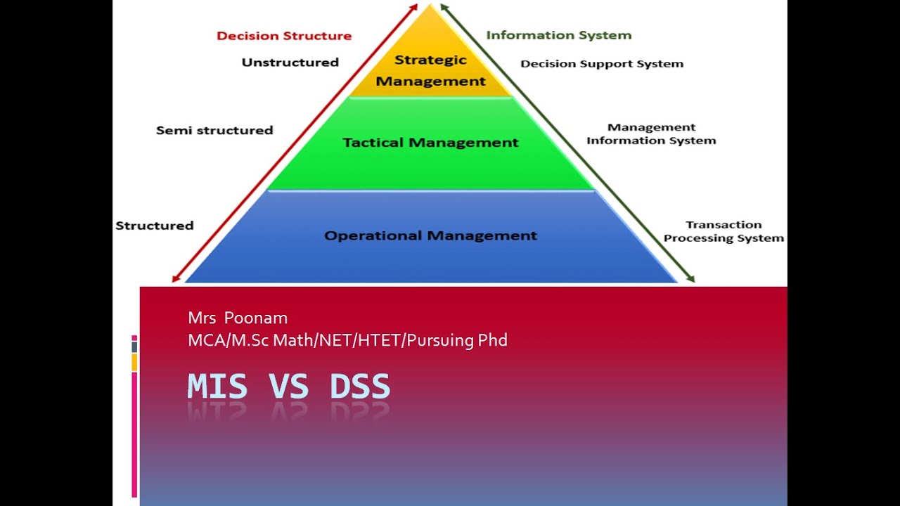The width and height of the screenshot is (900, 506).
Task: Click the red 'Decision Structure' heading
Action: pos(284,36)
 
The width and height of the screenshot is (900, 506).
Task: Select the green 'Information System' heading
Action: pos(559,35)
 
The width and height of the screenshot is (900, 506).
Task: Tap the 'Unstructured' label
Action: pos(290,63)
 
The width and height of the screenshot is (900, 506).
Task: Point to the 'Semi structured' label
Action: pos(214,130)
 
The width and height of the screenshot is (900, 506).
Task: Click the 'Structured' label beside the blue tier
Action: pos(155,226)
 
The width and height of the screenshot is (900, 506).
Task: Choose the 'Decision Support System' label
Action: pos(602,63)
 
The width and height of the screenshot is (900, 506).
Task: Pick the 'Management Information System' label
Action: pos(651,134)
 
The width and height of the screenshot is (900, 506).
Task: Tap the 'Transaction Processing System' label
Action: pos(724,231)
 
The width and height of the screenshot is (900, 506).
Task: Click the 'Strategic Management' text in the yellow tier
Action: pos(431,70)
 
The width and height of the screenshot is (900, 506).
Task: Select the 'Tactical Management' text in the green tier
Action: pos(430,143)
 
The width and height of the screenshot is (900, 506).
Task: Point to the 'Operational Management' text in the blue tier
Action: pos(430,235)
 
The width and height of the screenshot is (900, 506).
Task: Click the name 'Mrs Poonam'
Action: pos(238,318)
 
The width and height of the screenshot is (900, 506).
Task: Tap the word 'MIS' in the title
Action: pos(217,386)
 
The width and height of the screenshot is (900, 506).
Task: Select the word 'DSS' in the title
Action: pos(359,386)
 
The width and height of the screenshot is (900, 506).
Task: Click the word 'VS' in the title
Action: pos(288,386)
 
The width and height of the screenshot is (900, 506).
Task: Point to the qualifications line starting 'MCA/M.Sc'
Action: pos(347,340)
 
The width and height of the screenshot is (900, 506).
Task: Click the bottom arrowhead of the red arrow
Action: pos(175,279)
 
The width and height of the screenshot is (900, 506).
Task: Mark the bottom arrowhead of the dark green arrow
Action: pos(691,278)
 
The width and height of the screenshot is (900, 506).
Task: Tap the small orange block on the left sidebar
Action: pos(134,362)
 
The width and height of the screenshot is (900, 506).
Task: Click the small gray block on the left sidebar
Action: pos(134,347)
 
